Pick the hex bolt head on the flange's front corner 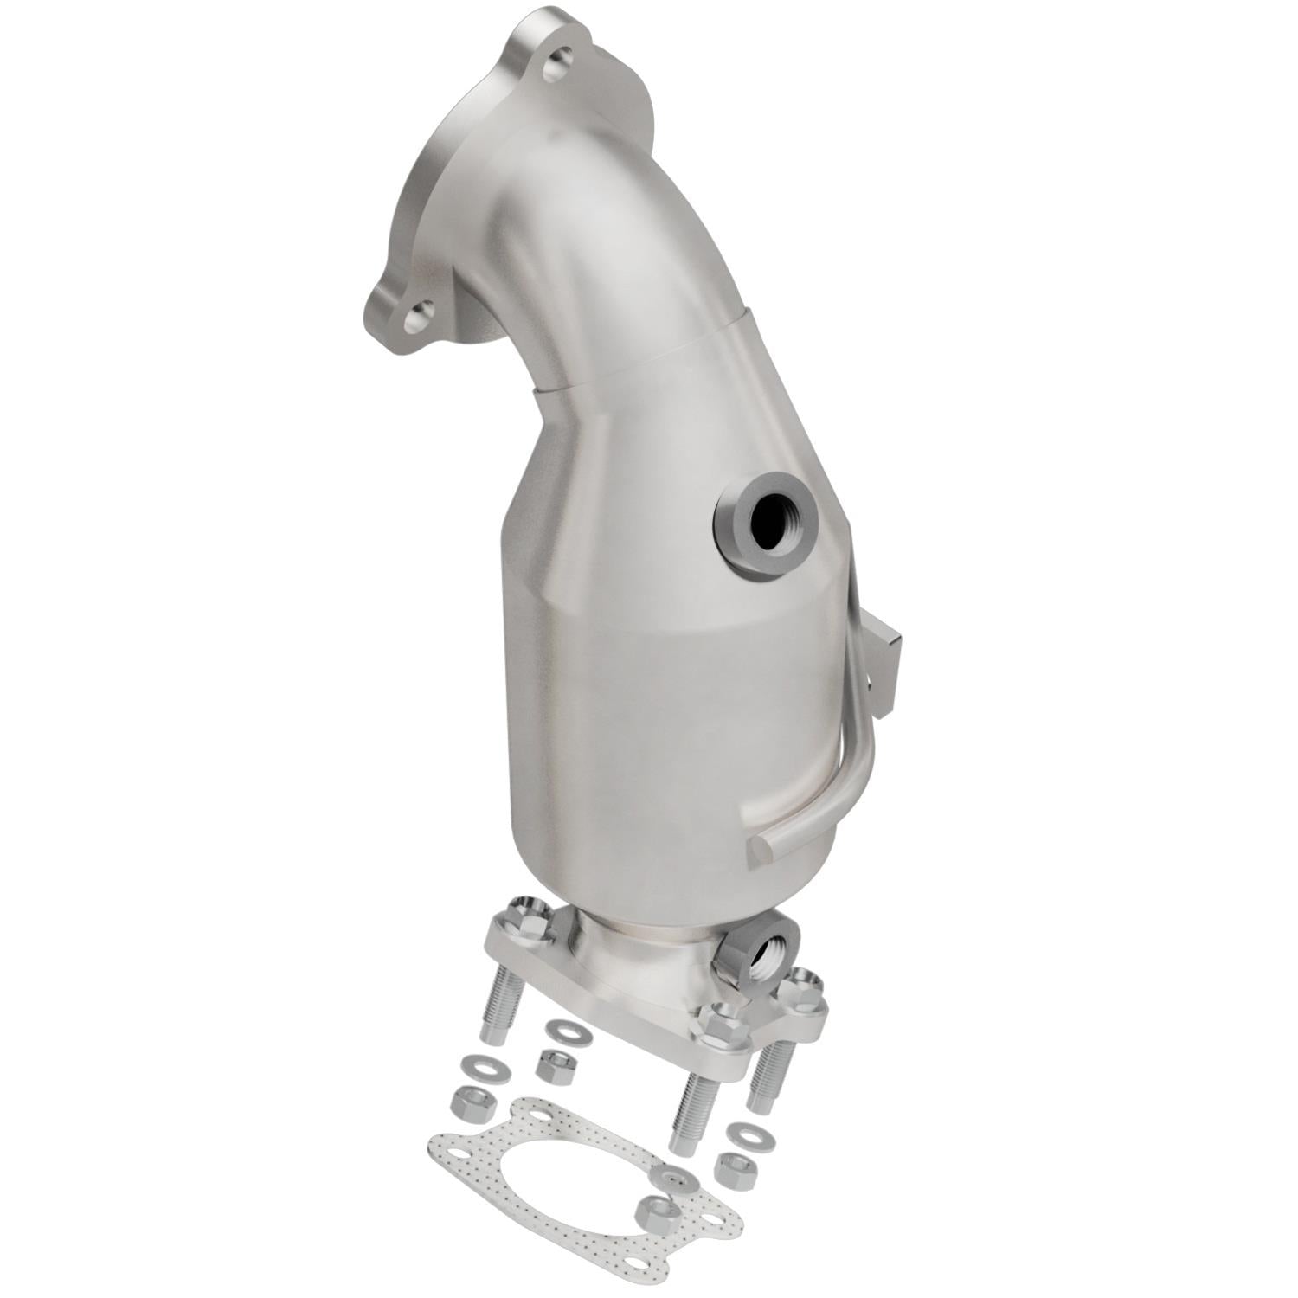(x=718, y=1025)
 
